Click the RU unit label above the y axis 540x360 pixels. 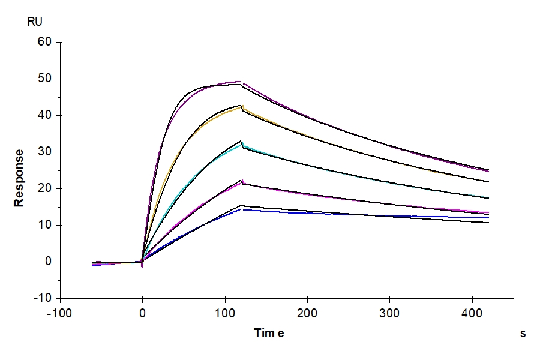[35, 22]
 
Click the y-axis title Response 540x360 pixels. [19, 178]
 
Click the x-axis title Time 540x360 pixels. [269, 334]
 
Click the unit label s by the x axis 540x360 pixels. [523, 334]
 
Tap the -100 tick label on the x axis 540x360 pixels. [59, 313]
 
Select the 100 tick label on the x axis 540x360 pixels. [225, 313]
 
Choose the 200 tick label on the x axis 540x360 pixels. [308, 313]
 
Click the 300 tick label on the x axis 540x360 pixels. [391, 313]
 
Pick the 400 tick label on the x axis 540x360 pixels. [473, 313]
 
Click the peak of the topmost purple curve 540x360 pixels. [240, 82]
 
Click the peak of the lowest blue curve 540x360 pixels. [242, 209]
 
